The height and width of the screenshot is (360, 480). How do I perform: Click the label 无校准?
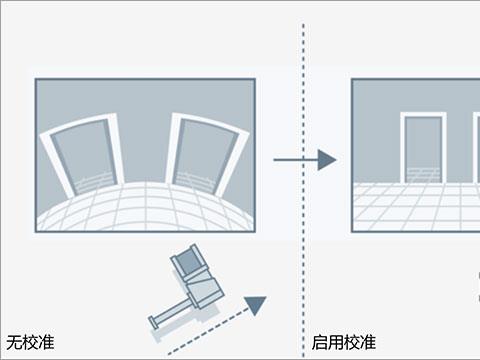coord(30,342)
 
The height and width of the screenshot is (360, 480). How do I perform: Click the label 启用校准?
coord(344,342)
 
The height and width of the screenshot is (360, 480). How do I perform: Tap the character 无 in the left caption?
coord(14,342)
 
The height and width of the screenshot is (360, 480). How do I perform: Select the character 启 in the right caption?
coord(320,342)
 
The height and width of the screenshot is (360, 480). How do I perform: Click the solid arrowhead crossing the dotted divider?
coord(327,160)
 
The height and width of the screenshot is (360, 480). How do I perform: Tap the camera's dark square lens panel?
coord(188,260)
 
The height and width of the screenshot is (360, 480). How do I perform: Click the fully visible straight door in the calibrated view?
coord(423,148)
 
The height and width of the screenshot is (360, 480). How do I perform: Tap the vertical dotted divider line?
coord(303,190)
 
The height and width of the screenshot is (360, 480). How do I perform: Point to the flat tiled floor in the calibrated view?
coord(417,207)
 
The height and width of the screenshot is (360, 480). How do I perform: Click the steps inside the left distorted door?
coord(96,183)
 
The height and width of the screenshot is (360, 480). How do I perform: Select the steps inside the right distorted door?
coord(194,182)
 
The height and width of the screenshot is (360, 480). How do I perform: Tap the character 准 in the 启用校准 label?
coord(368,342)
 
